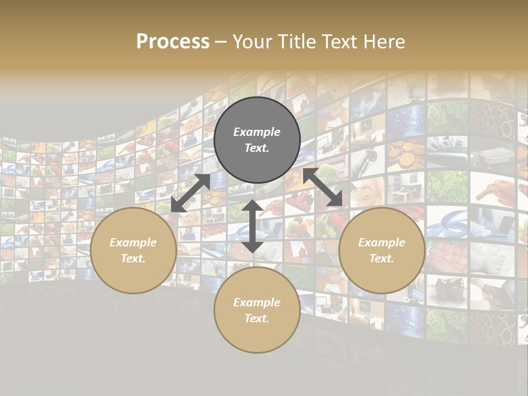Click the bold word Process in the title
(173, 42)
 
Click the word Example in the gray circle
(257, 132)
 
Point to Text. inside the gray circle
(257, 148)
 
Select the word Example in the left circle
(133, 243)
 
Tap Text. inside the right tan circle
(382, 258)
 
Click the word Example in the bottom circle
(257, 302)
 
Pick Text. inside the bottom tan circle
(257, 318)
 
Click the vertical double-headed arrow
(252, 226)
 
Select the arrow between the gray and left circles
(190, 193)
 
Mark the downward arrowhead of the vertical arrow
(252, 246)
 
